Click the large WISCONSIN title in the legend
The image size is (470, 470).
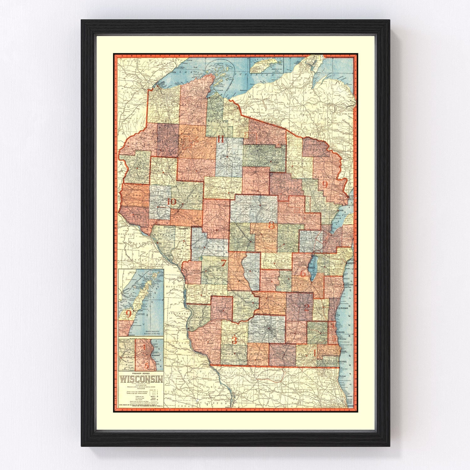pos(142,379)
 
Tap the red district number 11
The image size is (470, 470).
pos(221,139)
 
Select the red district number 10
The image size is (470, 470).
pos(172,202)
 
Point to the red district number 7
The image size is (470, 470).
pos(223,263)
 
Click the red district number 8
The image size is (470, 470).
pos(272,225)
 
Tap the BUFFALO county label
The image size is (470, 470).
pos(163,234)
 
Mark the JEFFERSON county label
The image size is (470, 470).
pos(295,334)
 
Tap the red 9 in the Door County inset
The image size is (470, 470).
pos(128,313)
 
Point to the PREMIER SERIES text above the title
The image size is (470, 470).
pos(141,373)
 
